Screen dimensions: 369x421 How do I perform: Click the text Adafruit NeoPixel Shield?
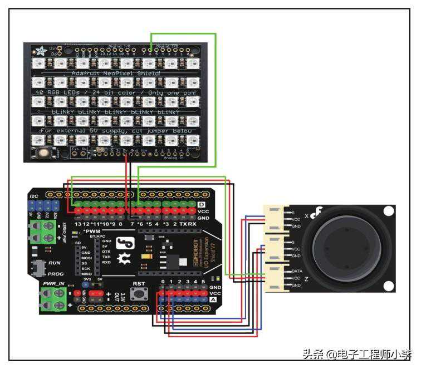(x=116, y=73)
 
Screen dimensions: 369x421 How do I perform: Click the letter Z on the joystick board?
(x=306, y=278)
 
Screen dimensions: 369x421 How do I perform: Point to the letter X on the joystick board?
(x=307, y=215)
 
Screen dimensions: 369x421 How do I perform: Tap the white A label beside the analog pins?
(x=213, y=299)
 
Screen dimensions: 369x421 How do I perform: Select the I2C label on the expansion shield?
(x=35, y=196)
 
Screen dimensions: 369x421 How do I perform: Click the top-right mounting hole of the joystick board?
(x=388, y=211)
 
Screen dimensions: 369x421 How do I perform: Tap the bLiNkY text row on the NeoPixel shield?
(x=116, y=112)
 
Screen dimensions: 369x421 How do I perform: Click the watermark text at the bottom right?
(x=357, y=355)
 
